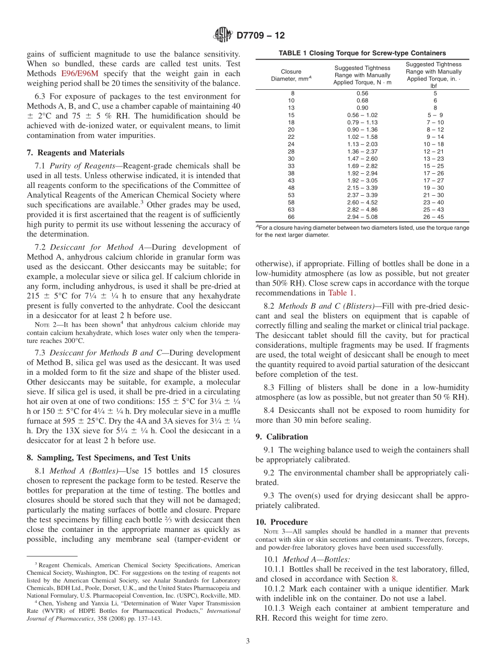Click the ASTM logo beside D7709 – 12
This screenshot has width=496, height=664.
[x=223, y=35]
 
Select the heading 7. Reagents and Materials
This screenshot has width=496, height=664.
[x=76, y=153]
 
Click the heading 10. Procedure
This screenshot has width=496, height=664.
[x=281, y=522]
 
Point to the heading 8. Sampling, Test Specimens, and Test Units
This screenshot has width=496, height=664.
[x=109, y=457]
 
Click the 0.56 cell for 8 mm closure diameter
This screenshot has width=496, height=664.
[x=362, y=93]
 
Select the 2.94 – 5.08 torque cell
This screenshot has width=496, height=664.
[x=362, y=217]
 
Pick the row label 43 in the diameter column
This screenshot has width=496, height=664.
[x=291, y=180]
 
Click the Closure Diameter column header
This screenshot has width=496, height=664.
[x=291, y=75]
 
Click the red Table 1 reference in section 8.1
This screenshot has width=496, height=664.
[x=341, y=293]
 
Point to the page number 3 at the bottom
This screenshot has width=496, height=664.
[x=247, y=642]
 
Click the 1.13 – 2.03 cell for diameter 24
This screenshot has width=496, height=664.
[x=362, y=144]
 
